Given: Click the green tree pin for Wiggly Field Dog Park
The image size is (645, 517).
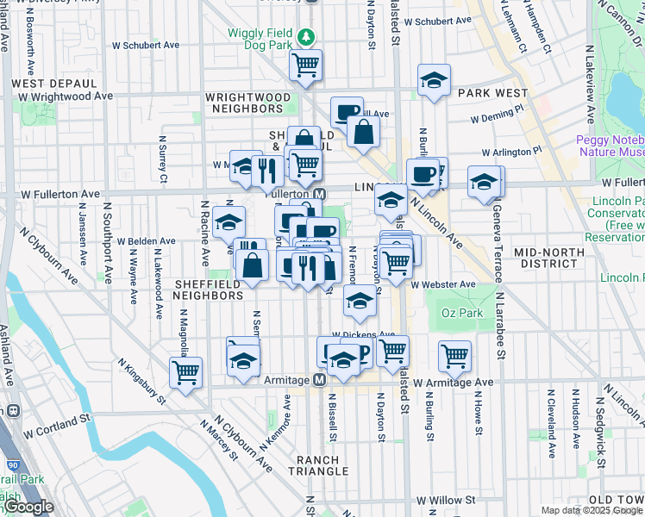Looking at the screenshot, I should (x=306, y=37).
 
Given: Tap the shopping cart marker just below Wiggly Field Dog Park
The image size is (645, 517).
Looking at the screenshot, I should (x=305, y=65).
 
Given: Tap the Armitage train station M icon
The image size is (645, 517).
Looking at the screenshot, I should (x=318, y=380).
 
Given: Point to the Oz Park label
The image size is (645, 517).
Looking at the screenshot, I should (x=462, y=313).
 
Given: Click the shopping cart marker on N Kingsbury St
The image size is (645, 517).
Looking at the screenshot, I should (x=185, y=372).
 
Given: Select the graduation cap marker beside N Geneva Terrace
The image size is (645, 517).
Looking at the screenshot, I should (x=485, y=182).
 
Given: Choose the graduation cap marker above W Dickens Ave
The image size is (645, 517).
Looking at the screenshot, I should (x=360, y=301).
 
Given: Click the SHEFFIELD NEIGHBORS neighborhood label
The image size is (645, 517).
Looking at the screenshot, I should (x=208, y=290).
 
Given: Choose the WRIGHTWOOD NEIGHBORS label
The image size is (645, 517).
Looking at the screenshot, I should (x=248, y=103).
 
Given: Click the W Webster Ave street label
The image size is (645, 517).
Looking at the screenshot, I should (x=443, y=284).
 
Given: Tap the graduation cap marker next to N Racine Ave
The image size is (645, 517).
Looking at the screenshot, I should (x=229, y=223).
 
